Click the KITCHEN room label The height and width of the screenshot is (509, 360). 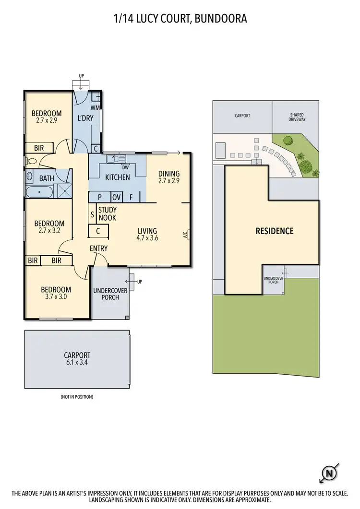117,178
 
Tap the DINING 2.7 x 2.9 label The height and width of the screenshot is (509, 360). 168,178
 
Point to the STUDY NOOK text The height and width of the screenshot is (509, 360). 107,214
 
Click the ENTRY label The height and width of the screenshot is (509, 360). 98,249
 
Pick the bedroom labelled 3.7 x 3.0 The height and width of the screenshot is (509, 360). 56,293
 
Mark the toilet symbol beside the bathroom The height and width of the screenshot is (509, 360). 31,161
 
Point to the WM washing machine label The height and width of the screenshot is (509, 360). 96,108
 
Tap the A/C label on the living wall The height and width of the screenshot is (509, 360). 185,235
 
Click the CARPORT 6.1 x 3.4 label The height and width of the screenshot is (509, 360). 77,359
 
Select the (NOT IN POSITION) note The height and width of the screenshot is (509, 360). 77,397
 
